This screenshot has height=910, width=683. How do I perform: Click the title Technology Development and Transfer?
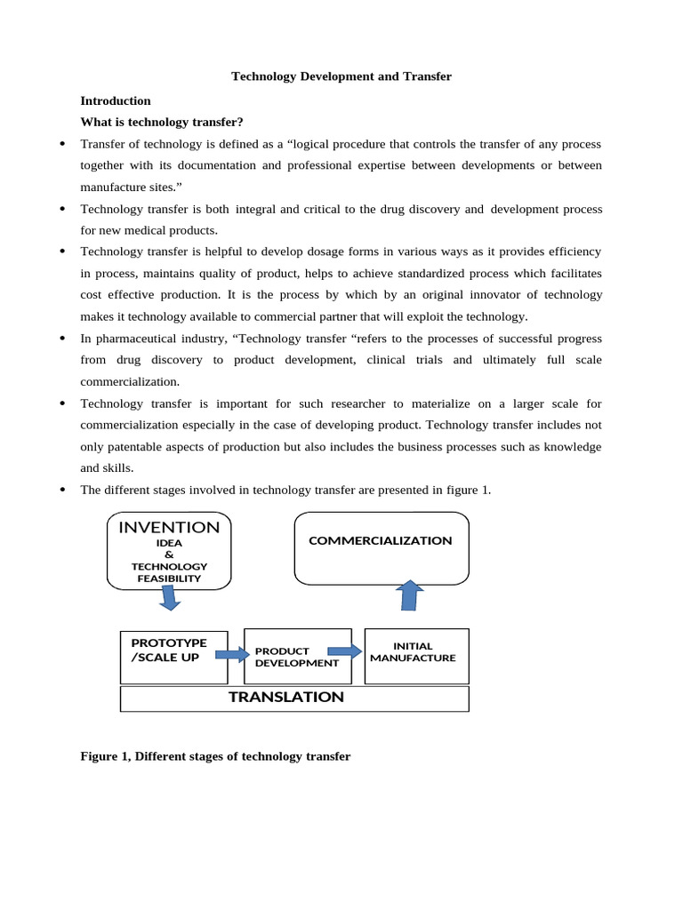coord(341,76)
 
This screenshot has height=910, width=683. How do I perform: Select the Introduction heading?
coord(116,100)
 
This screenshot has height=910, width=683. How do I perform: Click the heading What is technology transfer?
coord(162,122)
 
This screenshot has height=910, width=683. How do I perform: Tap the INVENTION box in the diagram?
coord(169,550)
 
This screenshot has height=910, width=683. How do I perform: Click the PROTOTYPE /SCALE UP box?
coord(173,657)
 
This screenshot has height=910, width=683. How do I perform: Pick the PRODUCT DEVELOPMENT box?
coord(296,657)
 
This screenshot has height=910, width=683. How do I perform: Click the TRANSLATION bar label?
coord(286,698)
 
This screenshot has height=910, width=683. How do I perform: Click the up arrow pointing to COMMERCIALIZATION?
coord(409,595)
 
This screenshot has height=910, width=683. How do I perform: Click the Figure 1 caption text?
coord(215,756)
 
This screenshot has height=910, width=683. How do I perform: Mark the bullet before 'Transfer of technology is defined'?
coord(62,144)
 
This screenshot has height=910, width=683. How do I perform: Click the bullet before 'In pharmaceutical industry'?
coord(62,339)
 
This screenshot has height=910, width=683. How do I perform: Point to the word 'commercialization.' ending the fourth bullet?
coord(130,381)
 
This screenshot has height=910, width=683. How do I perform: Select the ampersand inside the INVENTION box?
coord(169,555)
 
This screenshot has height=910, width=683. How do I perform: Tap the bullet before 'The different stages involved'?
coord(62,490)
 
